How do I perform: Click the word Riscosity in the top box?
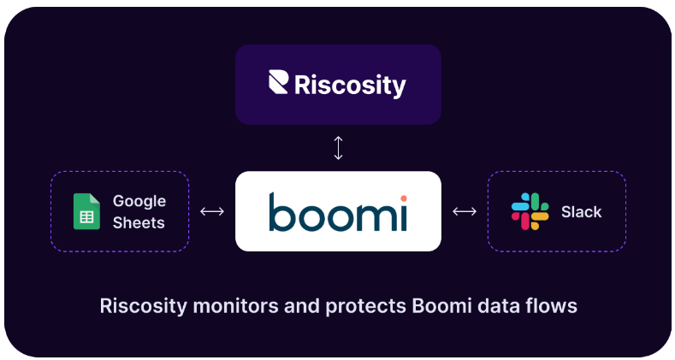(350, 85)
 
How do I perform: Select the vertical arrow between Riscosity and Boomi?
(338, 148)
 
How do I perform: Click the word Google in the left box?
(139, 202)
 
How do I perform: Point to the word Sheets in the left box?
(139, 222)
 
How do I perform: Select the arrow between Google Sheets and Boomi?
(211, 211)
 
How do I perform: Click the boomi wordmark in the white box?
(338, 212)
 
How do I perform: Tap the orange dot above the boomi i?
(403, 198)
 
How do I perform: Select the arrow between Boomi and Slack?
(465, 211)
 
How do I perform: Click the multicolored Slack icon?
(530, 211)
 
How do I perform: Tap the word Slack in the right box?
(582, 212)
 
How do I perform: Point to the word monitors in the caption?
(225, 305)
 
